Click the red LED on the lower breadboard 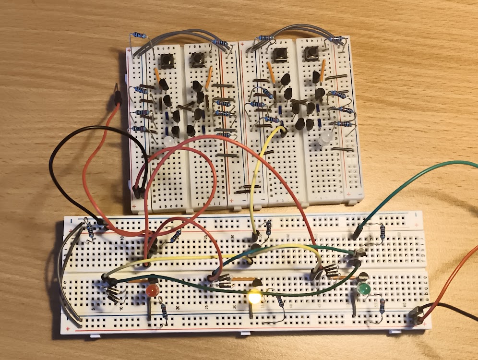[x=153, y=290]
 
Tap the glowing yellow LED [x=254, y=297]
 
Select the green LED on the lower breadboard [x=363, y=289]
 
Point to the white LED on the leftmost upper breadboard [x=169, y=141]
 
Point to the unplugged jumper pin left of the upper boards [x=116, y=94]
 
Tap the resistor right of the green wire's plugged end [x=382, y=232]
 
